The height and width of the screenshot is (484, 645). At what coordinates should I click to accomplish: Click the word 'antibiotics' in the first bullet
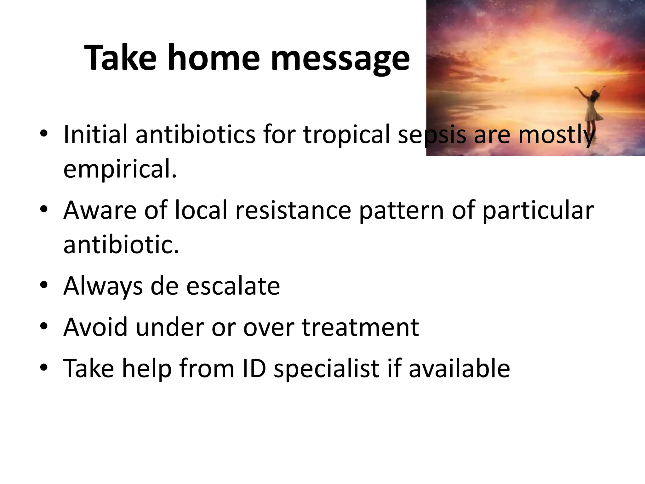(195, 135)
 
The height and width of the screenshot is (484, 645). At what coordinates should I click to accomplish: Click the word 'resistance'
(293, 210)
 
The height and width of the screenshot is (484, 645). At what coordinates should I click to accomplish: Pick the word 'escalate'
(233, 286)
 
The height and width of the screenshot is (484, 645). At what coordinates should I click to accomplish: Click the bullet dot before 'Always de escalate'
(44, 285)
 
